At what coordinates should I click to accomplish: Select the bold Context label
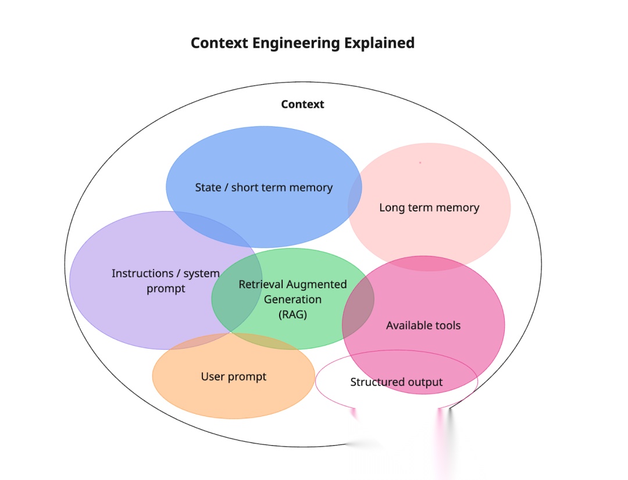coord(302,105)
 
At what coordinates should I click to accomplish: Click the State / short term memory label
coord(263,188)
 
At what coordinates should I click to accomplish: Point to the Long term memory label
coord(429,207)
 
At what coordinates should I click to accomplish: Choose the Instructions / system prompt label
coord(166,281)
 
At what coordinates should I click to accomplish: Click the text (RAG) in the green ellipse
coord(292,314)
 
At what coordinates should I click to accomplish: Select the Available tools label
coord(423,325)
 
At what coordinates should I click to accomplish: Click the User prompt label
coord(233,377)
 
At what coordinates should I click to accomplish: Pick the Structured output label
coord(396,382)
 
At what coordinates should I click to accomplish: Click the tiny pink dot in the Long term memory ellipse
coord(420,163)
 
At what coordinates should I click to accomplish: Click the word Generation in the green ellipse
coord(292,299)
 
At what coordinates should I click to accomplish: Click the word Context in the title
coord(219,43)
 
